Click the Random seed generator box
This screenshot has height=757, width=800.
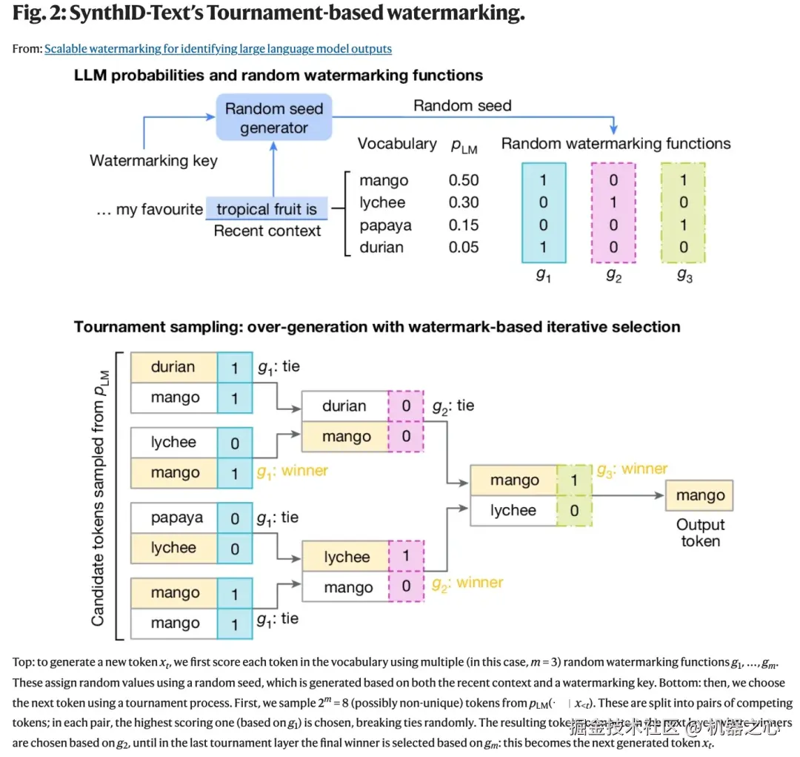point(273,118)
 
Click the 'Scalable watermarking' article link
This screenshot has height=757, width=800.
point(218,49)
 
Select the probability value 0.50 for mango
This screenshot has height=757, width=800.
point(464,180)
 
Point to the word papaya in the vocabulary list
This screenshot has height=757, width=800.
point(385,225)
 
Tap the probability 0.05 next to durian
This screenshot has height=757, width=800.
point(464,248)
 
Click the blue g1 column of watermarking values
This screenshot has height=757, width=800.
point(544,214)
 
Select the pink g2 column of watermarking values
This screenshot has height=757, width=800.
point(613,214)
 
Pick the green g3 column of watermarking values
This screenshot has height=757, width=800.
point(683,214)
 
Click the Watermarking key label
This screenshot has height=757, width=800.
point(153,161)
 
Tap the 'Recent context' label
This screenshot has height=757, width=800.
point(267,231)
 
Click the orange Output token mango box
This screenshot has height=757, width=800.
point(699,495)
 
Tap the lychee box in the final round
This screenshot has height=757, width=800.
point(513,511)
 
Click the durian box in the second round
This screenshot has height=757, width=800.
point(344,406)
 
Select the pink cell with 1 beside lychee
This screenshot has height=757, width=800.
point(405,557)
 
